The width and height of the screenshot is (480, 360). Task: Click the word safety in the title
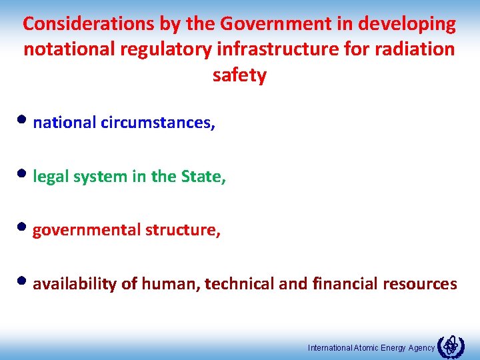coord(239,75)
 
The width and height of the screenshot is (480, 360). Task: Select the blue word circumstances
coord(158,123)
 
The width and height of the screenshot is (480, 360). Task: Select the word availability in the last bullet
coord(75,284)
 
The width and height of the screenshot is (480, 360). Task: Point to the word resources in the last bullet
coord(420,284)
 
